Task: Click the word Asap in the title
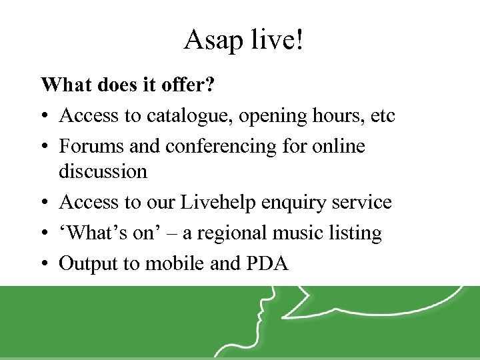213,41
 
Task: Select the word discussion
103,171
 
